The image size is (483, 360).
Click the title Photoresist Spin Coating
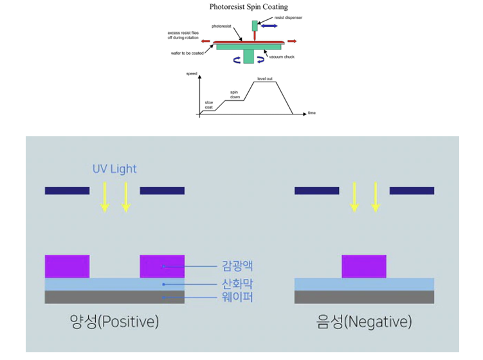(x=249, y=7)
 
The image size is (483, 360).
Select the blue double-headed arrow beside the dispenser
(x=269, y=26)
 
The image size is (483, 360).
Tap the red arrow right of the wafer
(x=292, y=41)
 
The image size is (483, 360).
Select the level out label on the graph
(x=265, y=78)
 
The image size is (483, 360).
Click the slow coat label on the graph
(x=209, y=105)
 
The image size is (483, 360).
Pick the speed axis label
(x=192, y=74)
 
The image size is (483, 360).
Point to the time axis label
(x=312, y=113)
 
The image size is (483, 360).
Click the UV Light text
(x=114, y=169)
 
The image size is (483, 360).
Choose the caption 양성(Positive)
(x=114, y=321)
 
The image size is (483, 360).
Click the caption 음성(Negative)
(x=365, y=321)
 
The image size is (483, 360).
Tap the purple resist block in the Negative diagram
(x=364, y=266)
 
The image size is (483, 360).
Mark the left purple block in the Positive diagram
(x=67, y=266)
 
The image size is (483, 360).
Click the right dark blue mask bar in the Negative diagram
(x=412, y=190)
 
